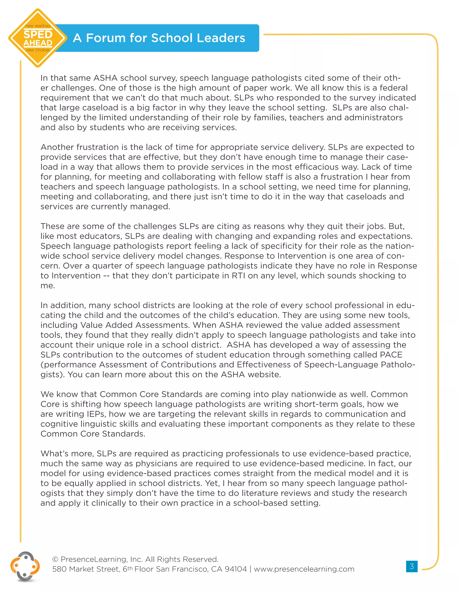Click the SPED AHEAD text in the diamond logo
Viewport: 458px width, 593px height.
point(38,38)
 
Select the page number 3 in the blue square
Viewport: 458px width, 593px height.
point(412,566)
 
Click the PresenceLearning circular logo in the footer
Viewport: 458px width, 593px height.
point(25,566)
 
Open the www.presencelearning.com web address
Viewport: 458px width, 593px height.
point(304,569)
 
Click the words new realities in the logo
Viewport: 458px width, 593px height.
point(38,26)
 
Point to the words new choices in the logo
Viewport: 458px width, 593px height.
point(38,50)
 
